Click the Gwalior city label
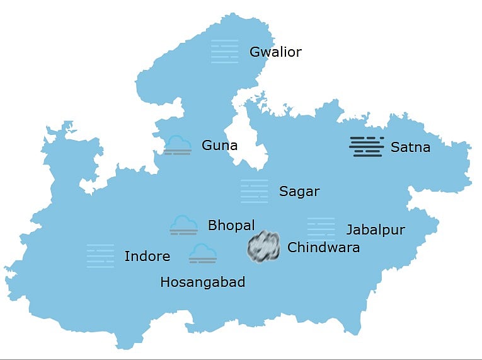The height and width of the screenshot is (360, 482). pyautogui.click(x=275, y=52)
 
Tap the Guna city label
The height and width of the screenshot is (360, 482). pyautogui.click(x=219, y=146)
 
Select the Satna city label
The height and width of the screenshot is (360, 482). pyautogui.click(x=410, y=148)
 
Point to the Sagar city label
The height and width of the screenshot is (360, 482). pyautogui.click(x=299, y=192)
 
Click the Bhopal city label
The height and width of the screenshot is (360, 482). pyautogui.click(x=231, y=225)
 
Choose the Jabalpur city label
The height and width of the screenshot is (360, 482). pyautogui.click(x=376, y=229)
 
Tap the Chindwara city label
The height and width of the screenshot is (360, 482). pyautogui.click(x=323, y=247)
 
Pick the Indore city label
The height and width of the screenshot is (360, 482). pyautogui.click(x=147, y=256)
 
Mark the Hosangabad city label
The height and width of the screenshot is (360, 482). pyautogui.click(x=202, y=282)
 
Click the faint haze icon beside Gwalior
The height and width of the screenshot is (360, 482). pyautogui.click(x=225, y=51)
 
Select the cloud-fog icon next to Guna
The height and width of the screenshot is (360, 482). pyautogui.click(x=178, y=145)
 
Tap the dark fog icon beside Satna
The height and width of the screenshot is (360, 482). pyautogui.click(x=367, y=146)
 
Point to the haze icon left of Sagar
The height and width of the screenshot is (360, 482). pyautogui.click(x=254, y=191)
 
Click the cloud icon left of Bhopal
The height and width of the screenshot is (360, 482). pyautogui.click(x=184, y=225)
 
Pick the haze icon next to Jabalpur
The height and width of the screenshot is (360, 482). pyautogui.click(x=321, y=229)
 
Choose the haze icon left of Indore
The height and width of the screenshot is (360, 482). pyautogui.click(x=100, y=256)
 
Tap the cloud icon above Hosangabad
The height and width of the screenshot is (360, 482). pyautogui.click(x=202, y=253)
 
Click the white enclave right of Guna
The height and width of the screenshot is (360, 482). pyautogui.click(x=251, y=136)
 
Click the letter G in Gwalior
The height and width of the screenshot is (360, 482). pyautogui.click(x=255, y=52)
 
